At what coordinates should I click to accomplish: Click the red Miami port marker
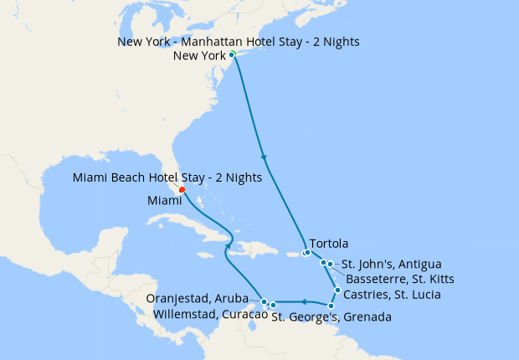click(x=182, y=188)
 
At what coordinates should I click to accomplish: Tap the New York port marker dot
click(x=232, y=54)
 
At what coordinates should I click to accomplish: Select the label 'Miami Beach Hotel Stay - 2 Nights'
click(x=167, y=177)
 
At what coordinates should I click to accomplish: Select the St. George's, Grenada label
click(x=331, y=317)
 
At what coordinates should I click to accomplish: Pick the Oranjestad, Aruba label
click(x=202, y=299)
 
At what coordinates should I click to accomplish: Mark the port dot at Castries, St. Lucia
click(x=337, y=291)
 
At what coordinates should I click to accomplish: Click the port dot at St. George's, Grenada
click(x=331, y=306)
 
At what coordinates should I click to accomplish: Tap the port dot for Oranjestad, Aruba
click(x=264, y=301)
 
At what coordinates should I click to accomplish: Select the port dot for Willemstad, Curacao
click(x=273, y=305)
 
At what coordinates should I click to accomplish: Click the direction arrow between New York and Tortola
click(x=265, y=157)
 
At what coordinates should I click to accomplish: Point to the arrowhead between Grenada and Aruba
click(x=305, y=301)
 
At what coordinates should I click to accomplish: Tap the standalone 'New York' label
click(x=199, y=56)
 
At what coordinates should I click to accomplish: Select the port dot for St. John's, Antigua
click(x=331, y=265)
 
